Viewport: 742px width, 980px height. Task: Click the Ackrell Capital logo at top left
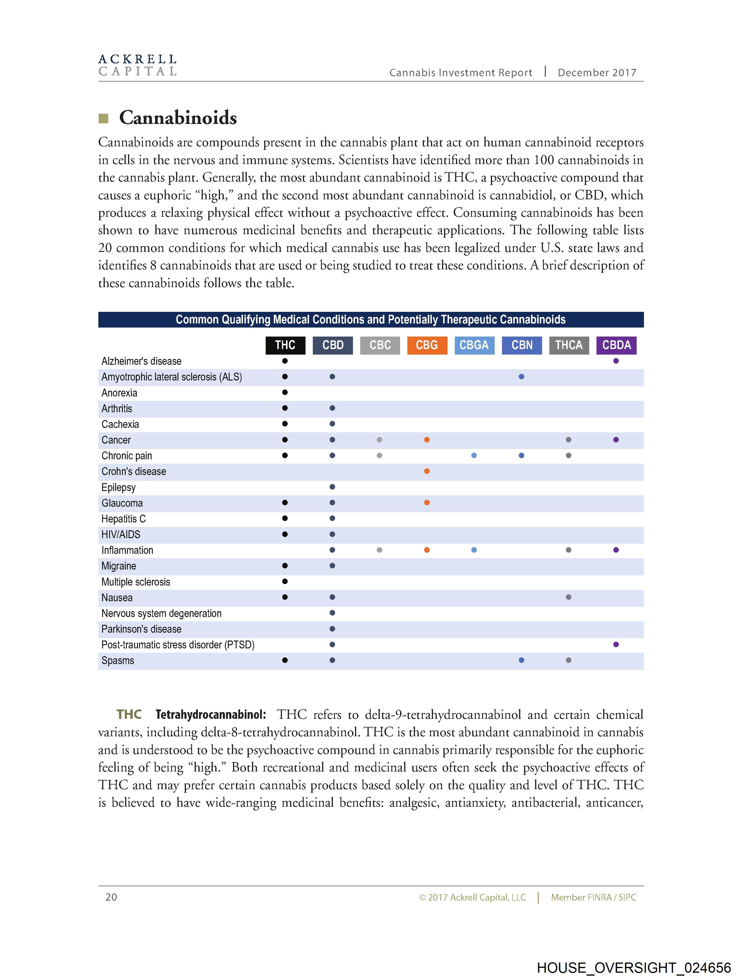pyautogui.click(x=137, y=65)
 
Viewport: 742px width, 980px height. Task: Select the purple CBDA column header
pyautogui.click(x=616, y=345)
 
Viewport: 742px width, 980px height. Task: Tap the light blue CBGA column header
pyautogui.click(x=474, y=345)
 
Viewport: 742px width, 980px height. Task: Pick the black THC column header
pyautogui.click(x=285, y=345)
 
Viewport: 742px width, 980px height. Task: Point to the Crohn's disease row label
pyautogui.click(x=134, y=472)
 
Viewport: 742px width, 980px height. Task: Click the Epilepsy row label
pyautogui.click(x=118, y=487)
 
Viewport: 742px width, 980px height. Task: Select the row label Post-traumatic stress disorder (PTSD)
pyautogui.click(x=178, y=645)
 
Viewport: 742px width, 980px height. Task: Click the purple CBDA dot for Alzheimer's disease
pyautogui.click(x=616, y=361)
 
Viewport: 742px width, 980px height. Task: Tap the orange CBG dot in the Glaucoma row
pyautogui.click(x=427, y=502)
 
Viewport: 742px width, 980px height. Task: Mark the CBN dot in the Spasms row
pyautogui.click(x=521, y=660)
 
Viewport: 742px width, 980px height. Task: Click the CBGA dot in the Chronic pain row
pyautogui.click(x=474, y=456)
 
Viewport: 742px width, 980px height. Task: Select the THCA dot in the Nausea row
pyautogui.click(x=569, y=597)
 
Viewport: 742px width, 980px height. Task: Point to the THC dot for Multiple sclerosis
pyautogui.click(x=285, y=581)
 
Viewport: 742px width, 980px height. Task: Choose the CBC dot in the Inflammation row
pyautogui.click(x=379, y=550)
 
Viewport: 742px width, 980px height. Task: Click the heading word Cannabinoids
pyautogui.click(x=178, y=118)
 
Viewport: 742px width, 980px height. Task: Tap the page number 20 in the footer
pyautogui.click(x=111, y=897)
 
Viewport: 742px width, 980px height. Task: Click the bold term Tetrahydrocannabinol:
pyautogui.click(x=211, y=715)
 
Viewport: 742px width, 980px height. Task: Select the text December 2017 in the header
pyautogui.click(x=597, y=73)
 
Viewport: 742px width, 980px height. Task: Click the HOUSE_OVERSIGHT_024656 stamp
pyautogui.click(x=634, y=967)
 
